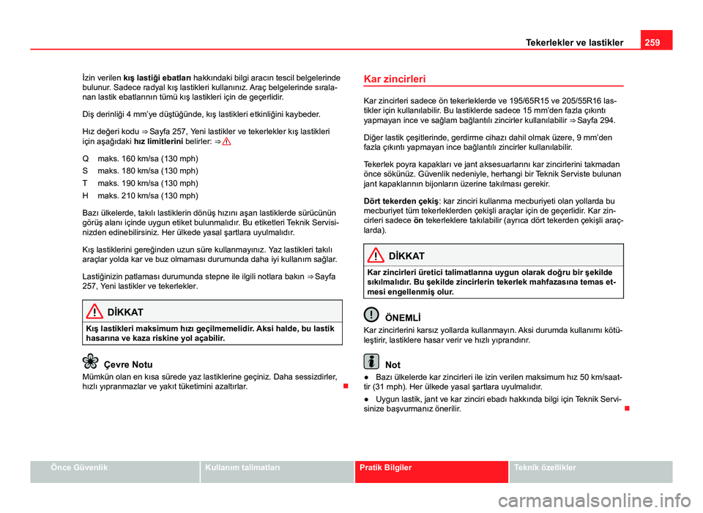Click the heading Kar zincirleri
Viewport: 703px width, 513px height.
click(395, 78)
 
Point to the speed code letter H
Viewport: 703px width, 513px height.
click(86, 196)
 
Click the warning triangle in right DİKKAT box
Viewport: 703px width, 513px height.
click(376, 255)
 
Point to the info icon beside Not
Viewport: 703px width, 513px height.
click(371, 362)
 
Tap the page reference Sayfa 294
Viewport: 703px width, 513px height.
click(596, 119)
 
